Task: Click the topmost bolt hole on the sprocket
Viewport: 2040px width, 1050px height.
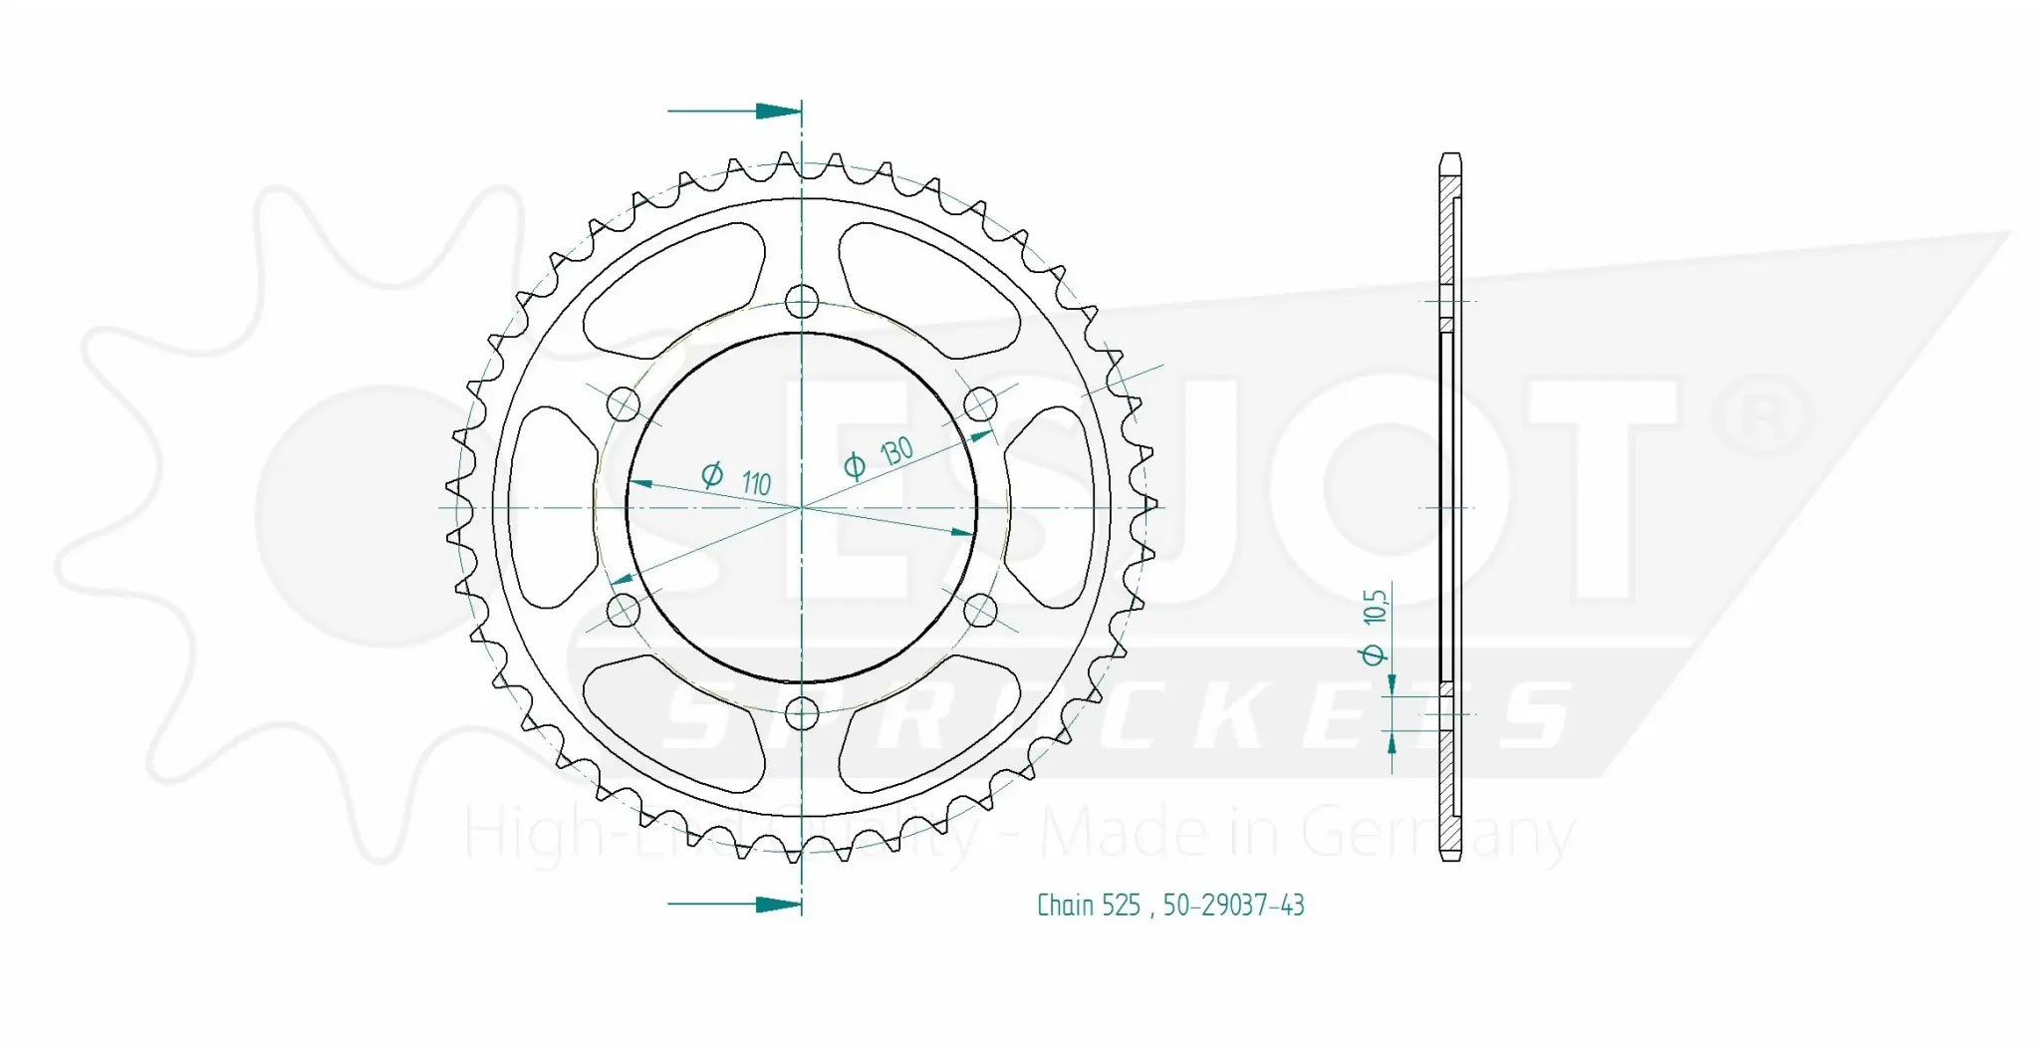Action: click(802, 301)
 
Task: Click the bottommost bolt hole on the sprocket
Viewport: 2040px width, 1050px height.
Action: click(802, 713)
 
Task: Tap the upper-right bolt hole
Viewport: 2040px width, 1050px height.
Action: click(980, 404)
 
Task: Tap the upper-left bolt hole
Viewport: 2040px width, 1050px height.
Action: click(624, 404)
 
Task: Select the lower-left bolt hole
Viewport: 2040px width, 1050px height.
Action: click(624, 610)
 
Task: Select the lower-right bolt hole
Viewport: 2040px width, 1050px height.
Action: click(980, 610)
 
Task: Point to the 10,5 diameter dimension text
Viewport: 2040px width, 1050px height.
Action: click(1374, 624)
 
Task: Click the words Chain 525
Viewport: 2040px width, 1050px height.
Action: click(1088, 905)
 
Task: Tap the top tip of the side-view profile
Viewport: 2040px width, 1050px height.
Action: click(1450, 156)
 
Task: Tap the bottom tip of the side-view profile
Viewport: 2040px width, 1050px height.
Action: click(1450, 857)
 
